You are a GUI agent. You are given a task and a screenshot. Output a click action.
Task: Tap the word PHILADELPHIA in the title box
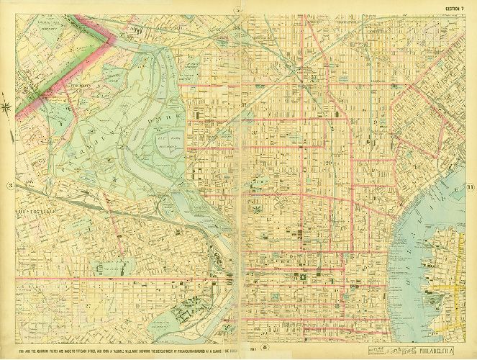pyautogui.click(x=436, y=349)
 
